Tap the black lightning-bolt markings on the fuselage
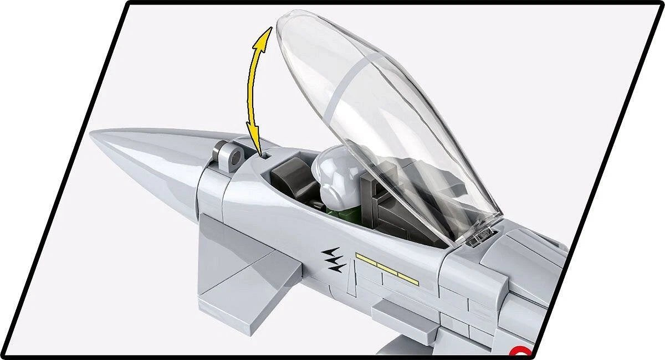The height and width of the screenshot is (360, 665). [x=334, y=259]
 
